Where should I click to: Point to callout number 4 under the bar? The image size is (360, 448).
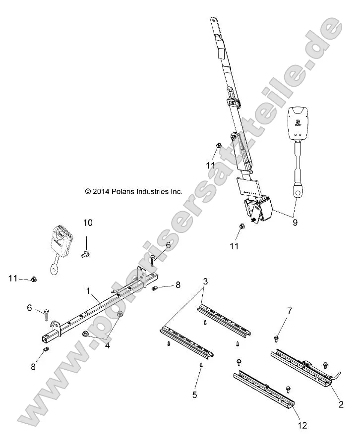coord(108,345)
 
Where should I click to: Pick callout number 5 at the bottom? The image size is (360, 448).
coord(194,394)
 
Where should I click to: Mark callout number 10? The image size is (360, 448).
coord(87,223)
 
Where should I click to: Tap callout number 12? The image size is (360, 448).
coord(302,425)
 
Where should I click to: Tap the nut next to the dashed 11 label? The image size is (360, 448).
coord(33,280)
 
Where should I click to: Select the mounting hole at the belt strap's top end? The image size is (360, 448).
coord(213,20)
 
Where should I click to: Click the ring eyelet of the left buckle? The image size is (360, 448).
coord(53,269)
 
